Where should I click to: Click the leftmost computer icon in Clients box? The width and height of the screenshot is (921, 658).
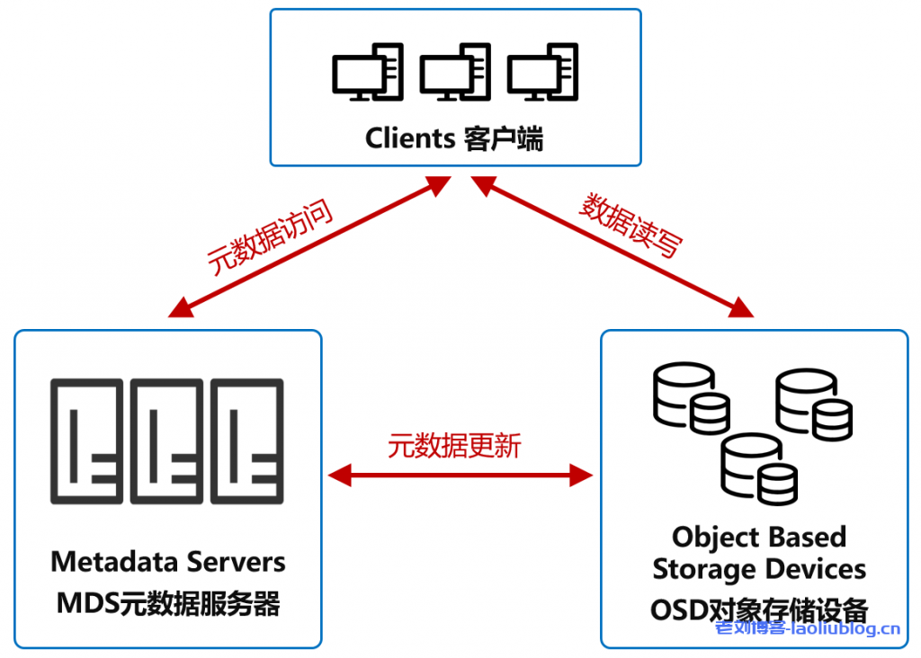[368, 72]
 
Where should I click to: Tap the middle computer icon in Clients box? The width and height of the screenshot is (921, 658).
[455, 72]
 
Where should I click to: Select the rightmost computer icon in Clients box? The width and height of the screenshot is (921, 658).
[542, 72]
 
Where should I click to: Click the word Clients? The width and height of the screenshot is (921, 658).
[410, 138]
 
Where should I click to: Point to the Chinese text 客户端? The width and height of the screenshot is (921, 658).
[504, 139]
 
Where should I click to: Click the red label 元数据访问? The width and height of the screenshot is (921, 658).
[270, 237]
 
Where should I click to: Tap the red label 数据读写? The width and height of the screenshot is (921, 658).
[631, 225]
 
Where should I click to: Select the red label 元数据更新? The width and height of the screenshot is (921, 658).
[454, 446]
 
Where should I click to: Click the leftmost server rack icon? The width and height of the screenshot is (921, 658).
[87, 441]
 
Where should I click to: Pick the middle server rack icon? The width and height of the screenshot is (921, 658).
[166, 441]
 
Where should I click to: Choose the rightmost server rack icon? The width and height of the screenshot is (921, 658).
[247, 441]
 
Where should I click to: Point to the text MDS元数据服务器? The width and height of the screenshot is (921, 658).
[168, 603]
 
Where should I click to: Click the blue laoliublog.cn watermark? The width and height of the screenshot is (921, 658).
[808, 628]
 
